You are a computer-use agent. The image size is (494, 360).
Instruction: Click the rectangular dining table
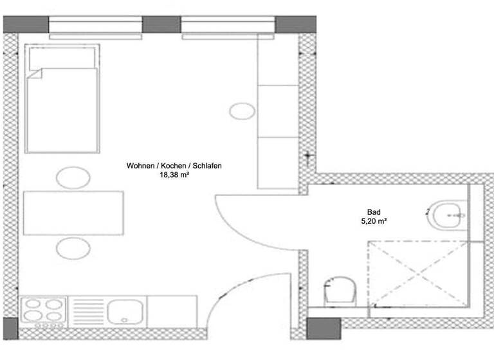pyautogui.click(x=73, y=213)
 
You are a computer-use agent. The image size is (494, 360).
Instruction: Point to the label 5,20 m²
pyautogui.click(x=373, y=221)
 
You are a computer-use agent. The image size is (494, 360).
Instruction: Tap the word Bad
pyautogui.click(x=373, y=212)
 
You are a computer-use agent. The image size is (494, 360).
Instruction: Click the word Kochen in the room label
pyautogui.click(x=174, y=166)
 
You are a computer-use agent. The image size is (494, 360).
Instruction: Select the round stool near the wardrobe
pyautogui.click(x=242, y=111)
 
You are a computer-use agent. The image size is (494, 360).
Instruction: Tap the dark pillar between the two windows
pyautogui.click(x=161, y=24)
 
